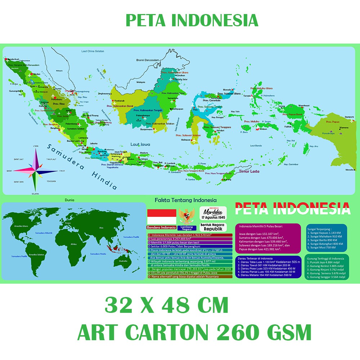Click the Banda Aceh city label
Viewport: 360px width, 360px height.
pos(13,59)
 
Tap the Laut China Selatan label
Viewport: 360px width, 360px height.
pos(93,51)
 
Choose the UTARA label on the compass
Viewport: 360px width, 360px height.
pos(36,146)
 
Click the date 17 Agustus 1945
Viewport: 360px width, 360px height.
pos(213,217)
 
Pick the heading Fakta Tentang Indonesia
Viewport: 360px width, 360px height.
pos(185,200)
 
